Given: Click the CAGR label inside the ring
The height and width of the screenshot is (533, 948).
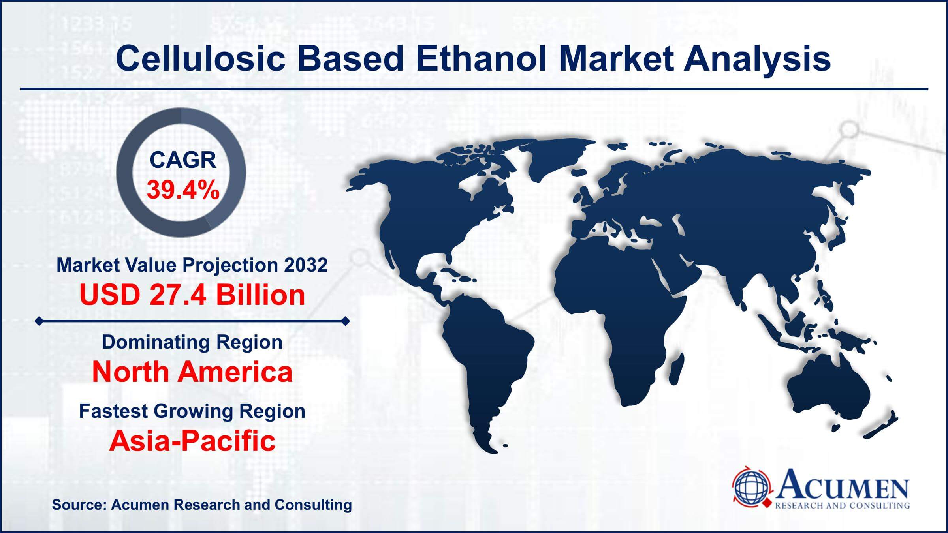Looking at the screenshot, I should pos(183,160).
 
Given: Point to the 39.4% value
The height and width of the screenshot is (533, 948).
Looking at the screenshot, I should pos(183,191).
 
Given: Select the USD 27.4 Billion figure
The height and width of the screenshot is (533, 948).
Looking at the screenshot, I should pos(192,295).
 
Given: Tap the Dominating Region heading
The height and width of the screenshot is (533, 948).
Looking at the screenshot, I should pos(192,342).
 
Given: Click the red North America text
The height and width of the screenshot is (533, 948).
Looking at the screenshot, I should pos(192,372).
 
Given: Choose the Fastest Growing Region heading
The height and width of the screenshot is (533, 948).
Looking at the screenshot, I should pos(192,411).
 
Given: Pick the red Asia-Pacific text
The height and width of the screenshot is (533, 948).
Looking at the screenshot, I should pos(192,441).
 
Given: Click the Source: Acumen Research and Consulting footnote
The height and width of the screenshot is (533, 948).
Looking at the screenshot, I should pos(202,505).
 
